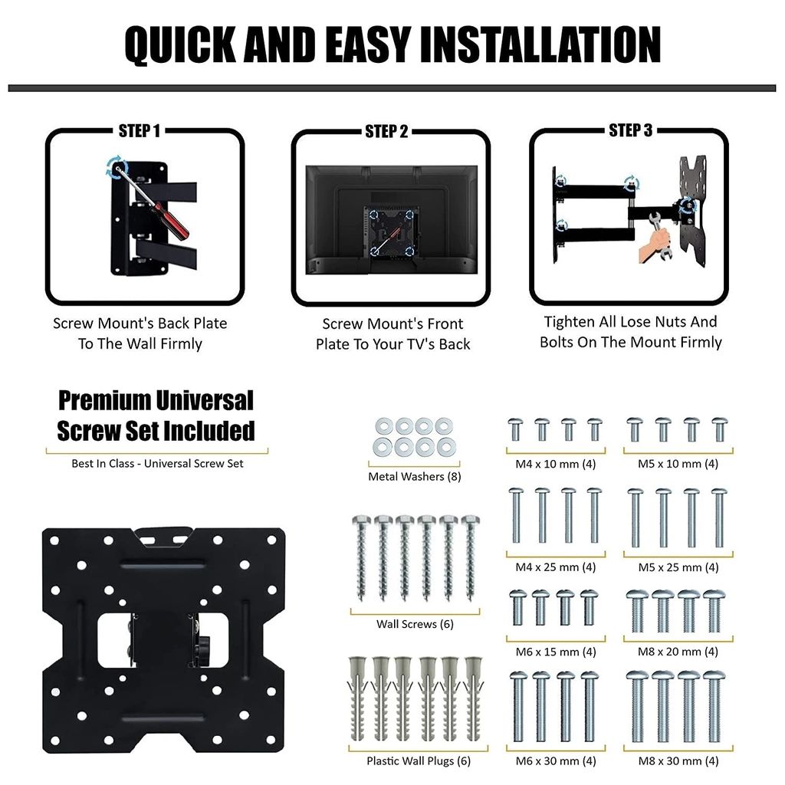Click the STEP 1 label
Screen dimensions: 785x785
pos(140,131)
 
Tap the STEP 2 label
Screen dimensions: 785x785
pos(386,132)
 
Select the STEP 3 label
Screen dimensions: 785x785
pos(630,131)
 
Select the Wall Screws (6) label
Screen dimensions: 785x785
pos(415,624)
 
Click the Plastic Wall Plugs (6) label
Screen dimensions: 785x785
pos(418,761)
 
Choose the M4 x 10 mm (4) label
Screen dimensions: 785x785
pos(556,464)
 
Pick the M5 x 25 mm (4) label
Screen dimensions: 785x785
pos(678,567)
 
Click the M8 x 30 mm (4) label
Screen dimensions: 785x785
pos(678,761)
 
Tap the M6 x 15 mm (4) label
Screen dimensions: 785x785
pos(556,652)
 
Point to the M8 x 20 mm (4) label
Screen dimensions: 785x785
pos(678,652)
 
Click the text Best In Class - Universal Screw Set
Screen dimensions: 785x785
pos(157,464)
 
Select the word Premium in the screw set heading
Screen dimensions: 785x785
pos(105,401)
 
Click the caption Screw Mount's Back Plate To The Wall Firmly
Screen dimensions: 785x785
pos(140,333)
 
